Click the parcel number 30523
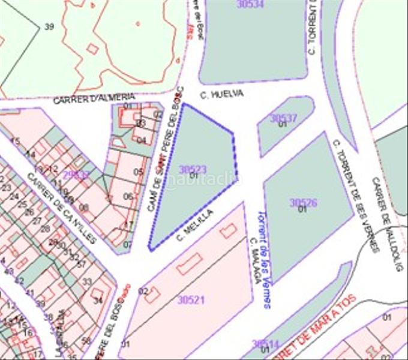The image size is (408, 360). [x=193, y=170]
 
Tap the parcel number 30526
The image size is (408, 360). [x=303, y=203]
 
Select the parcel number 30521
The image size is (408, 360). [x=191, y=299]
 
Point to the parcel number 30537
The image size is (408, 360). [x=283, y=118]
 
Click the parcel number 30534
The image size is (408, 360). [x=250, y=4]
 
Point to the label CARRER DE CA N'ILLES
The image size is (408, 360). [x=62, y=207]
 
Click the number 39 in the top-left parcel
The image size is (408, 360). [x=49, y=26]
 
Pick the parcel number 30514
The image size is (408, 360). [x=265, y=344]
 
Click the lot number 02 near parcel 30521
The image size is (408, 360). [x=143, y=291]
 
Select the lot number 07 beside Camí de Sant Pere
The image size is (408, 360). [x=127, y=244]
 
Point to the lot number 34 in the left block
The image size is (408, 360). [x=98, y=301]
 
